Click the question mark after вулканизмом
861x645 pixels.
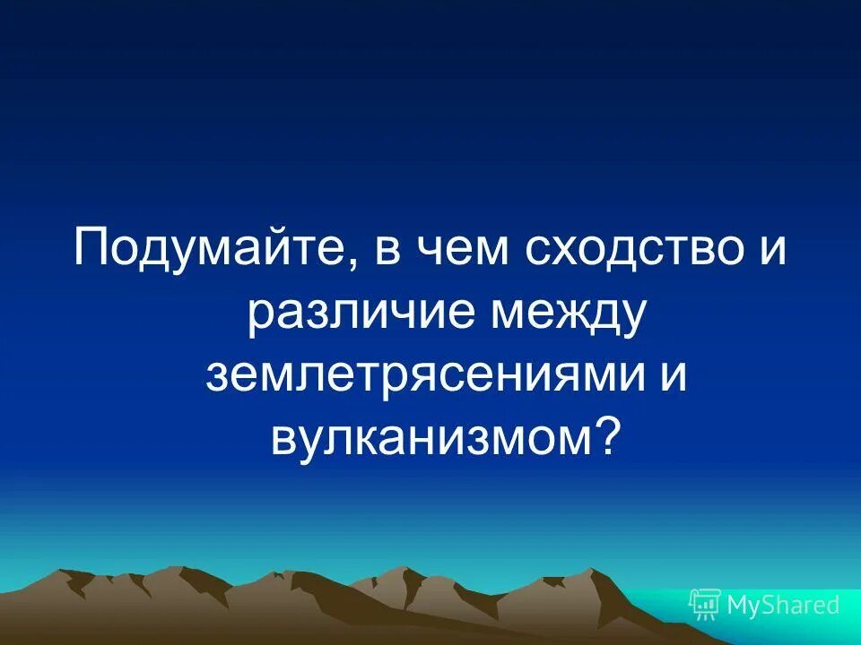click(x=609, y=435)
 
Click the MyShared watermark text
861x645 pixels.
click(x=783, y=605)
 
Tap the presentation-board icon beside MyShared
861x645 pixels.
click(x=704, y=605)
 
